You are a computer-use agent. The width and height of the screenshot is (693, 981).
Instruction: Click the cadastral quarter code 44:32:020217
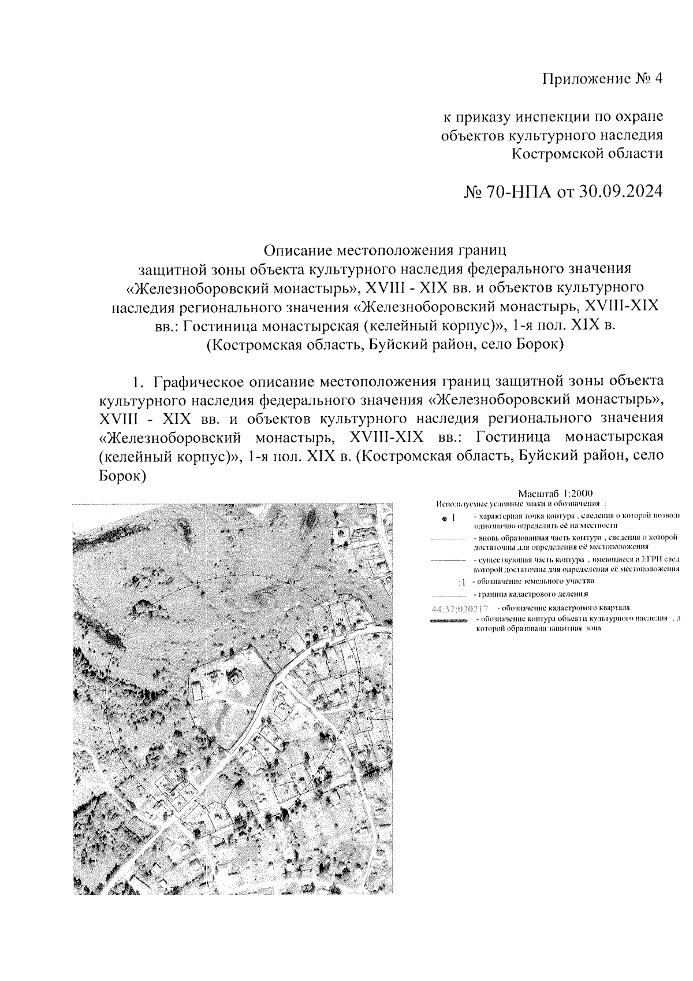coord(460,608)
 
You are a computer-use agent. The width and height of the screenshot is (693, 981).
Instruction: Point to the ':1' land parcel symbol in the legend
coord(461,582)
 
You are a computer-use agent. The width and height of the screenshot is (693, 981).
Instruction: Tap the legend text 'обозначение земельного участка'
coord(533,581)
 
